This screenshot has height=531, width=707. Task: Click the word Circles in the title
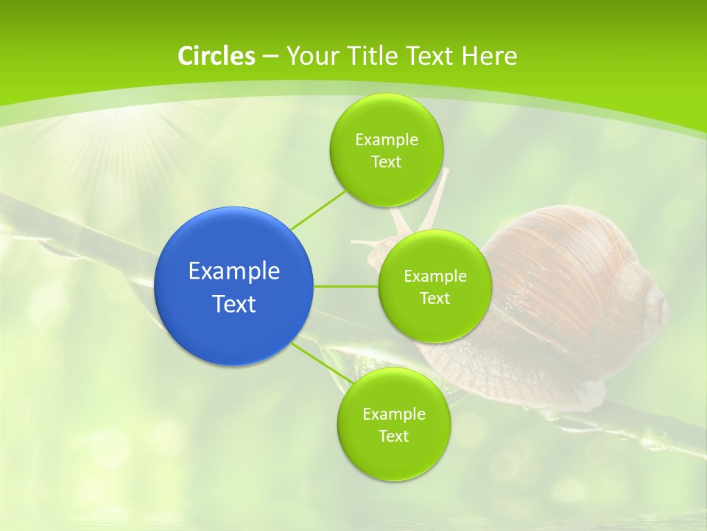[216, 56]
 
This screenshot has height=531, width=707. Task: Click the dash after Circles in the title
[270, 57]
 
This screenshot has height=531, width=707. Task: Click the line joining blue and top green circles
[318, 209]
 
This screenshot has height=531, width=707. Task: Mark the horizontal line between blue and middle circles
[345, 286]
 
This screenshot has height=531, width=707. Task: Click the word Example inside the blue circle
[234, 271]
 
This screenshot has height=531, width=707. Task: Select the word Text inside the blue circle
[234, 304]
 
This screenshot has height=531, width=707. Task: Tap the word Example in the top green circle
[386, 139]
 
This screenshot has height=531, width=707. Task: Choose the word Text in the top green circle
[386, 162]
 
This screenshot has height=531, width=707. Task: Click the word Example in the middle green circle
[435, 276]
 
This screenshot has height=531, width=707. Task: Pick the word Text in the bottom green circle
[393, 436]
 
